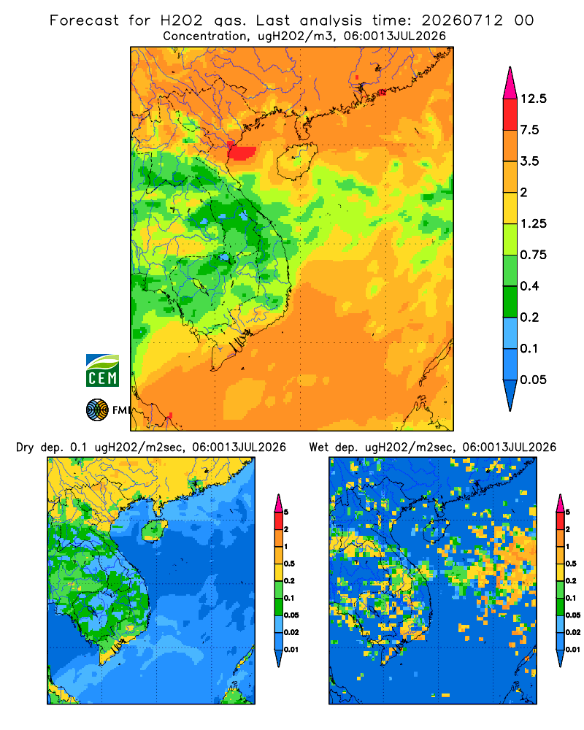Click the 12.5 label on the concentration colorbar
[533, 99]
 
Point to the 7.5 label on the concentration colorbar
[529, 130]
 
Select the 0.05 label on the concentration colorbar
[533, 380]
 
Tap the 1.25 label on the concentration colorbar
[533, 223]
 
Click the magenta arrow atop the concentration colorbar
[510, 83]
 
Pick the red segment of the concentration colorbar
[510, 115]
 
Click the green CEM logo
[102, 371]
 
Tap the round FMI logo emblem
[97, 410]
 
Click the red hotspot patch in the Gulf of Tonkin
[242, 153]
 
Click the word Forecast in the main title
[84, 20]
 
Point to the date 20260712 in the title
[462, 20]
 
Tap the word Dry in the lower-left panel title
[25, 447]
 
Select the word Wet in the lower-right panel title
[319, 447]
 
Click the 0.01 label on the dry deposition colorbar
[291, 650]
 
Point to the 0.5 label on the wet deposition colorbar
[570, 564]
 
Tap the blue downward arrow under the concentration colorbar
[510, 395]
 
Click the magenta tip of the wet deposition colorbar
[560, 503]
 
